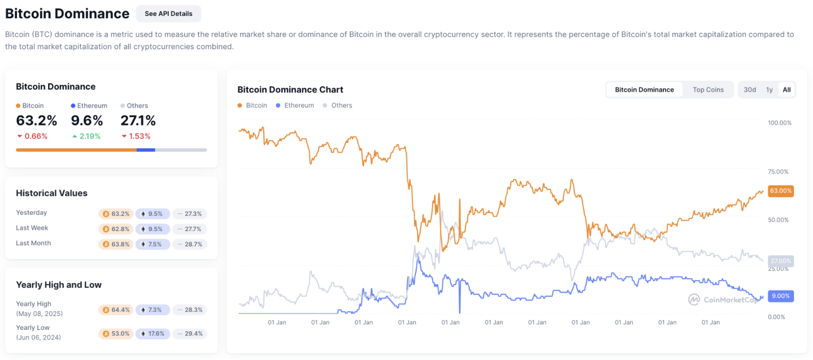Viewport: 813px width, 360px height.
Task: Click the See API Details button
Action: (168, 14)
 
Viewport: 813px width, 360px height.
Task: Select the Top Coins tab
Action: (708, 90)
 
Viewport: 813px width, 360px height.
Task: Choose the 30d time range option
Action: (750, 90)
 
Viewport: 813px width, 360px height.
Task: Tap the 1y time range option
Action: (769, 90)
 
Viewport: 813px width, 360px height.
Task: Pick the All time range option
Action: (787, 90)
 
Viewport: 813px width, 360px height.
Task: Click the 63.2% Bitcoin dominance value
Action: (36, 121)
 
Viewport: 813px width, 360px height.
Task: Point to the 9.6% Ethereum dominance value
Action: (87, 121)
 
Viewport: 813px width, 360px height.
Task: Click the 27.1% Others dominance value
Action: (138, 121)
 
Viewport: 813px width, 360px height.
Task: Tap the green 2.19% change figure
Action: (87, 136)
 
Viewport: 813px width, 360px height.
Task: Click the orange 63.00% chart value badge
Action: (780, 191)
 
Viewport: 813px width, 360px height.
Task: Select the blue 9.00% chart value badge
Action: (780, 296)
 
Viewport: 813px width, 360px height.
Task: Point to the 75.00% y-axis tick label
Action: (778, 172)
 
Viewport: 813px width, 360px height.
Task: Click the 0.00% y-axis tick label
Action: (776, 317)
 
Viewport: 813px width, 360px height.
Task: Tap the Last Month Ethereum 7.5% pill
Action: (153, 244)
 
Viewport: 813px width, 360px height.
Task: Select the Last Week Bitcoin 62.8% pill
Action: (116, 229)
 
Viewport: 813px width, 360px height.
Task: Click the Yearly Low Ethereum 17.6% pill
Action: (153, 334)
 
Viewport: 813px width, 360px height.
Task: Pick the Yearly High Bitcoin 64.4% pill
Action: (116, 310)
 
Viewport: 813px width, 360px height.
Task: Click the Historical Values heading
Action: (52, 193)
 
